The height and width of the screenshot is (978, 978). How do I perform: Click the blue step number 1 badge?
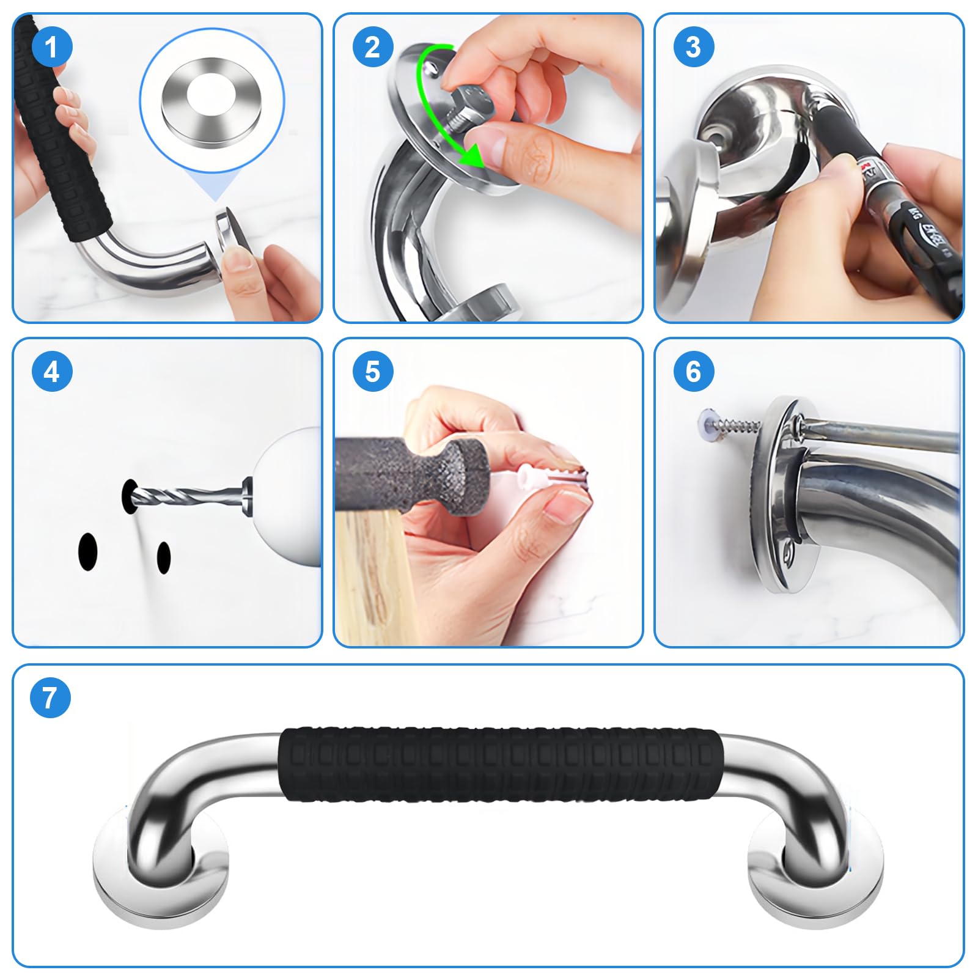coord(52,47)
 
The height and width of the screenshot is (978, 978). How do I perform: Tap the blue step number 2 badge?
coord(373,47)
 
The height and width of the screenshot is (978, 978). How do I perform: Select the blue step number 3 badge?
coord(694,47)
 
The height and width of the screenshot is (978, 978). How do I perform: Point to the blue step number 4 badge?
coord(52,372)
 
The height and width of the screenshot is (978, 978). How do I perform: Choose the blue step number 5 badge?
coord(373,372)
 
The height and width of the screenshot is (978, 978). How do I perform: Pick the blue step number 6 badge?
coord(694,372)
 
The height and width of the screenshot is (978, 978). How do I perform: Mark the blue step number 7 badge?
coord(50,697)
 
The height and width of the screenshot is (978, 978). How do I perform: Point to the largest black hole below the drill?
coord(88,551)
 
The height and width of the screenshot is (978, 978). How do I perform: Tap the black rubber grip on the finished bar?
coord(498,764)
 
